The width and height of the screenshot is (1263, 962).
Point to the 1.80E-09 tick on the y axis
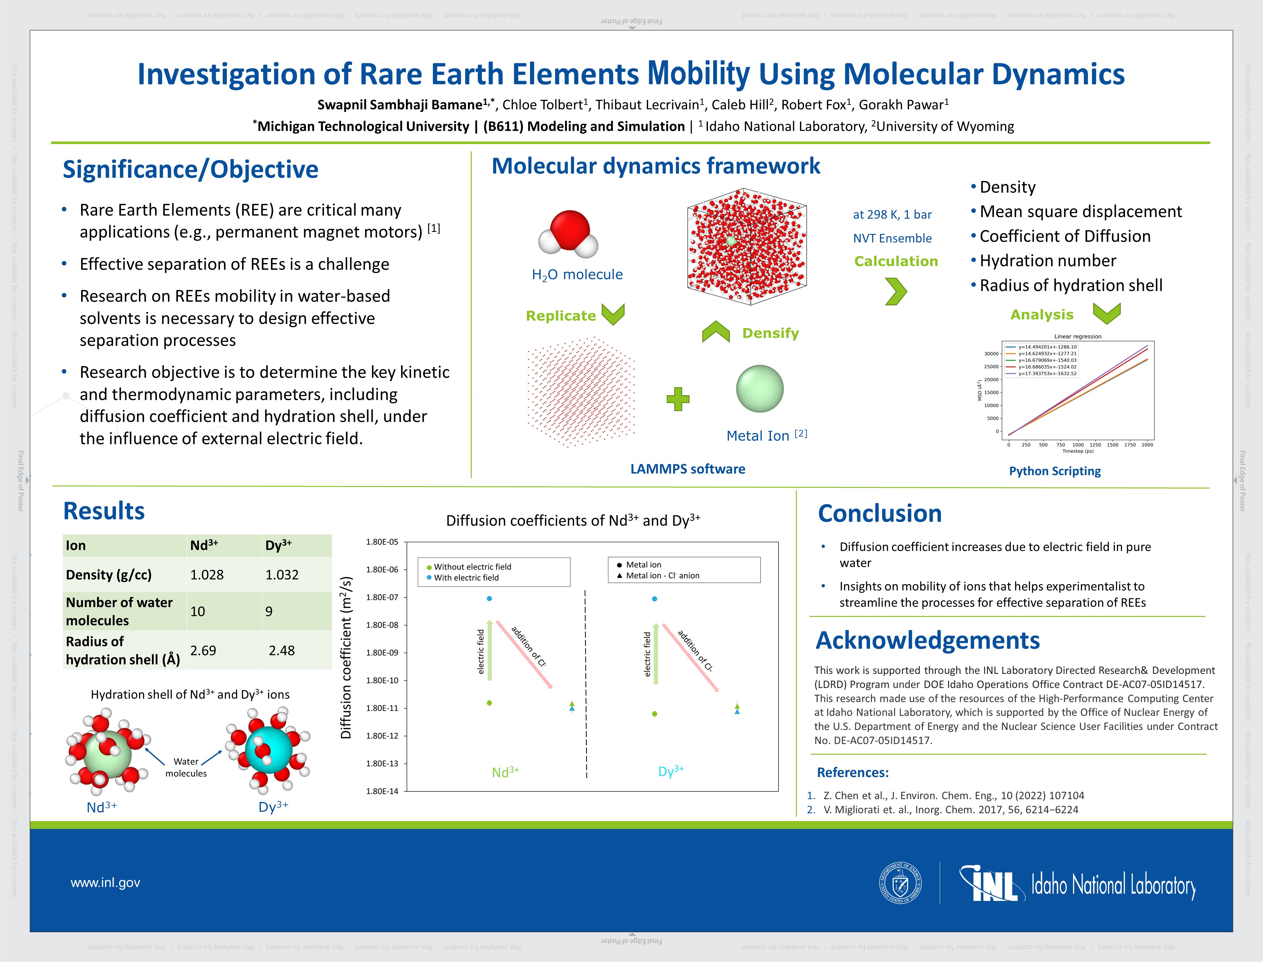pyautogui.click(x=382, y=653)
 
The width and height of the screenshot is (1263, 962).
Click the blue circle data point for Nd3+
pyautogui.click(x=489, y=598)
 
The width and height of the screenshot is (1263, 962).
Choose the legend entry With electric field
pyautogui.click(x=466, y=578)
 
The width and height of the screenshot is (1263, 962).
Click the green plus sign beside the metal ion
pyautogui.click(x=678, y=399)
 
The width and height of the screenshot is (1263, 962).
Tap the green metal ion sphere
pyautogui.click(x=760, y=389)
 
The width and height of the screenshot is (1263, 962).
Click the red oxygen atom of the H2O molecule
pyautogui.click(x=570, y=229)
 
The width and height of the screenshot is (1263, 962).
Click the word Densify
pyautogui.click(x=770, y=333)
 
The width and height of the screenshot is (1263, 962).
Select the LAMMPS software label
pyautogui.click(x=687, y=469)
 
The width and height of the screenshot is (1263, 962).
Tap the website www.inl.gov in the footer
pyautogui.click(x=105, y=882)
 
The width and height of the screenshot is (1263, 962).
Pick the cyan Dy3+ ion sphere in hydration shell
pyautogui.click(x=269, y=750)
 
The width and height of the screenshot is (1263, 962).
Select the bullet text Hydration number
pyautogui.click(x=1047, y=261)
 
